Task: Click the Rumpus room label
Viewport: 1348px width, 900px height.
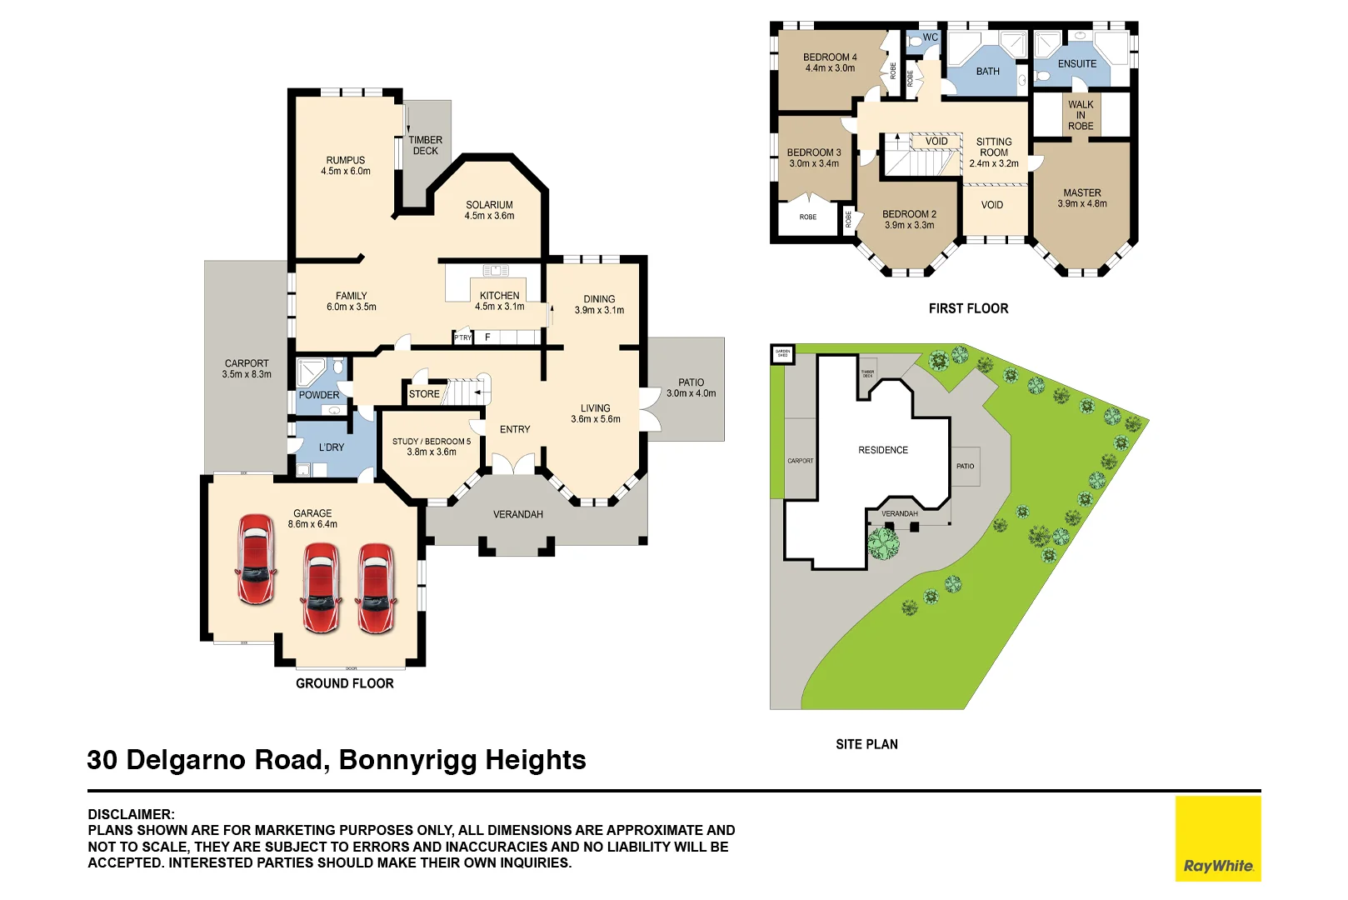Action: coord(345,160)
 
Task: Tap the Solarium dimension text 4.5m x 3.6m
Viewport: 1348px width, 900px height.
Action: coord(489,216)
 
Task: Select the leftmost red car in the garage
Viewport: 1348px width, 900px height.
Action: coord(256,558)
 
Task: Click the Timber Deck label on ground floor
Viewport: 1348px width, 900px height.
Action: coord(425,146)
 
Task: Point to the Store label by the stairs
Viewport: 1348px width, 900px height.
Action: coord(424,394)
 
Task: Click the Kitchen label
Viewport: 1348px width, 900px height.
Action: coord(499,295)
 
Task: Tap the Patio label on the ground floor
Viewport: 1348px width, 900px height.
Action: coord(691,382)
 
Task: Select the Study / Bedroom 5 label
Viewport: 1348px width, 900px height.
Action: coord(432,442)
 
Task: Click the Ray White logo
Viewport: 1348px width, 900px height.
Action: coord(1217,838)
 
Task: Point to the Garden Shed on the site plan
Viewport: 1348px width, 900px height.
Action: coord(782,353)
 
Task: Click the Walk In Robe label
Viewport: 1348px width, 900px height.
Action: coord(1081,115)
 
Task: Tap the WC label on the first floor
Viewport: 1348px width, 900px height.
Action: coord(930,37)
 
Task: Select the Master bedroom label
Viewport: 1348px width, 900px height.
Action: coord(1081,192)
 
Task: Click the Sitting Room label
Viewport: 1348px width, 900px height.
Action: coord(994,147)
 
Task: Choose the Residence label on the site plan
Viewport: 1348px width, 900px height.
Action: coord(883,450)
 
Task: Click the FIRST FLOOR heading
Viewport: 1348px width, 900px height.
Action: coord(968,308)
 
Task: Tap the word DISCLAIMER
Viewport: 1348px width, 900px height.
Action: coord(131,814)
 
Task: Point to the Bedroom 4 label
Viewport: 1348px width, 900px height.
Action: coord(830,57)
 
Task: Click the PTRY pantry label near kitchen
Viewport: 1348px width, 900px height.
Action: coord(462,337)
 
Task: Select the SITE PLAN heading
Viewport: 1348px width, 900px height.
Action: coord(866,744)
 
